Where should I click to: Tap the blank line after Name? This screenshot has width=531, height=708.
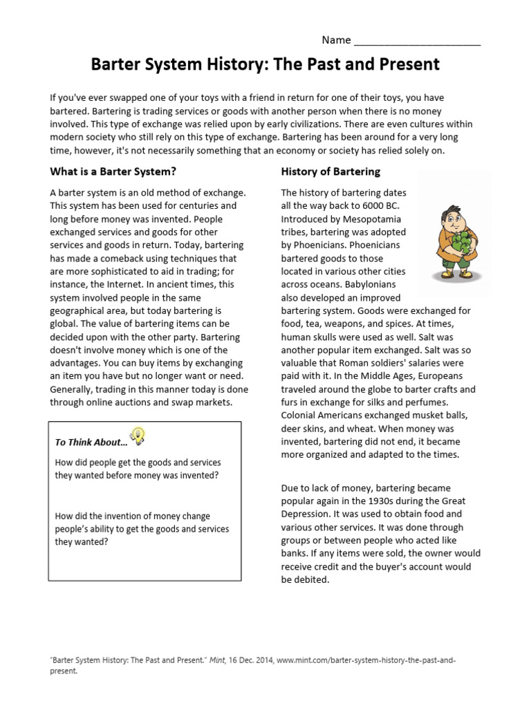[417, 41]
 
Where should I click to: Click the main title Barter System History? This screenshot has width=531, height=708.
[265, 64]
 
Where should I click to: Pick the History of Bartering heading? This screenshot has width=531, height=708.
[330, 171]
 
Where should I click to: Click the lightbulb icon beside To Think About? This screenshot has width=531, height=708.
[139, 436]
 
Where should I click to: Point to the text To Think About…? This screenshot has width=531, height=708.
[91, 442]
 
